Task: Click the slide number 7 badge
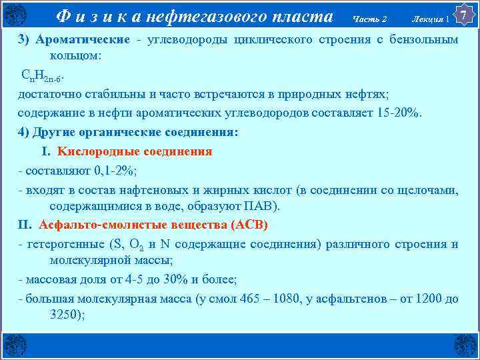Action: (x=464, y=13)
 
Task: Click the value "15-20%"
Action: (x=399, y=113)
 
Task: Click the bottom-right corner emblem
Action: (x=465, y=346)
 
